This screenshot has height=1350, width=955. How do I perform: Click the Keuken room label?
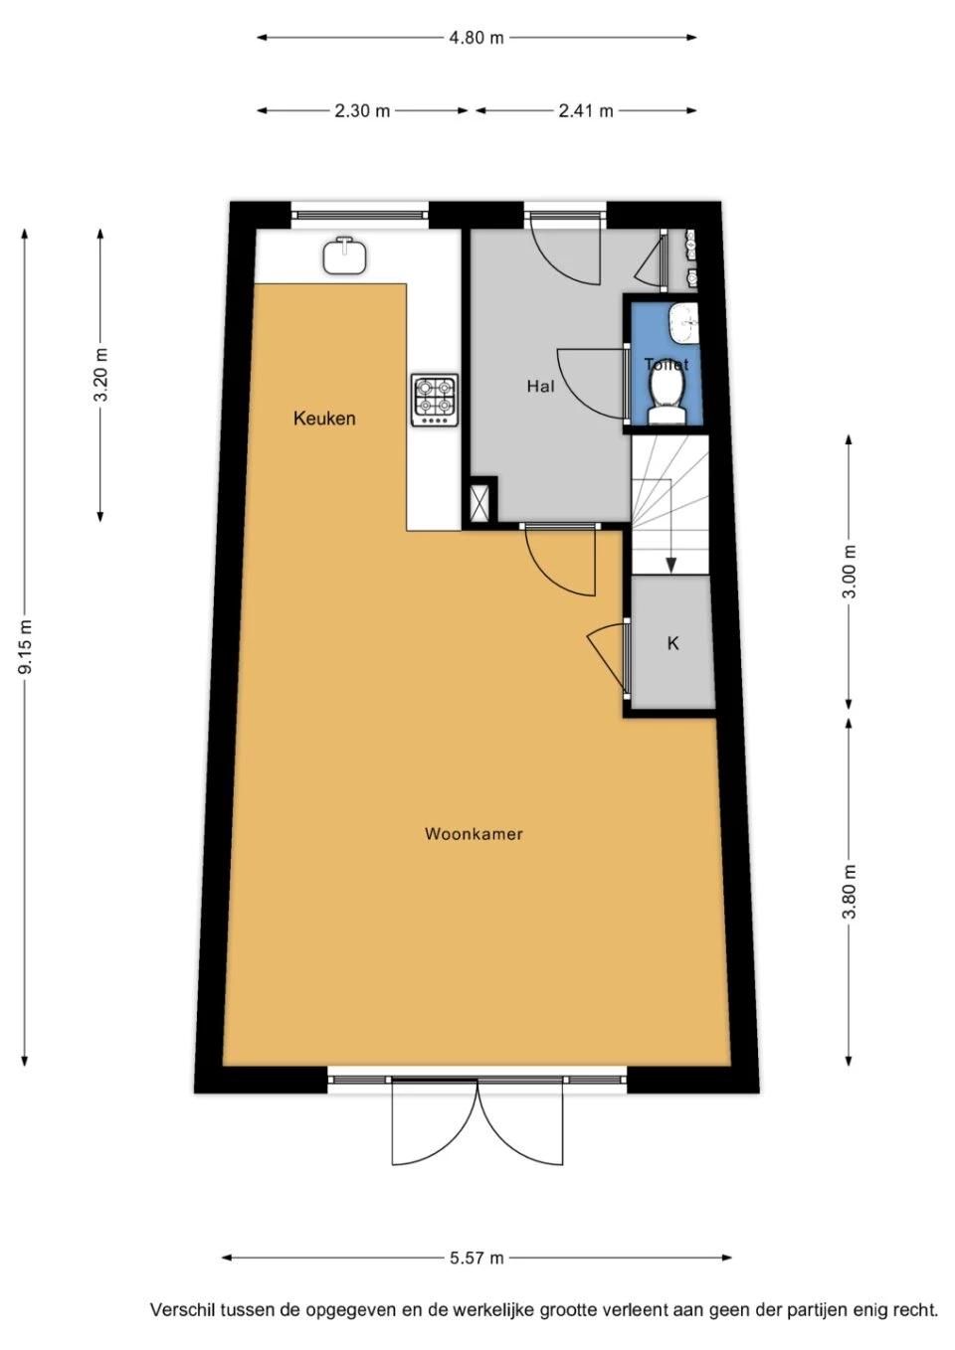pyautogui.click(x=324, y=419)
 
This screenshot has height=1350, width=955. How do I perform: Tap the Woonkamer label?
pyautogui.click(x=474, y=834)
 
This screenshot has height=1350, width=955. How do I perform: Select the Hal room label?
pyautogui.click(x=540, y=386)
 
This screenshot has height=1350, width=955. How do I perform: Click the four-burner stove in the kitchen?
pyautogui.click(x=435, y=400)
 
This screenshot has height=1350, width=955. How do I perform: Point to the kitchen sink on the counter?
pyautogui.click(x=344, y=255)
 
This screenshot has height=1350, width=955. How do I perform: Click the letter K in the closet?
pyautogui.click(x=672, y=643)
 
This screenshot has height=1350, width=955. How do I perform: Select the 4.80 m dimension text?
pyautogui.click(x=477, y=38)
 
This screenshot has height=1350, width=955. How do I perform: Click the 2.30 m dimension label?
pyautogui.click(x=362, y=110)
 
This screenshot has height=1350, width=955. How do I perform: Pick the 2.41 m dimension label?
pyautogui.click(x=585, y=110)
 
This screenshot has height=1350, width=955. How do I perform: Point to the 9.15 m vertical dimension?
pyautogui.click(x=26, y=646)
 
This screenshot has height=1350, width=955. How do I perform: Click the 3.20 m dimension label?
pyautogui.click(x=100, y=375)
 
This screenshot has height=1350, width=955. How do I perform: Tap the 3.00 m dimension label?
pyautogui.click(x=849, y=572)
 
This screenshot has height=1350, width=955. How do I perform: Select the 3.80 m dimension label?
pyautogui.click(x=849, y=892)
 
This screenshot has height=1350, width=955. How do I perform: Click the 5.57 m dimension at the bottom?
pyautogui.click(x=477, y=1258)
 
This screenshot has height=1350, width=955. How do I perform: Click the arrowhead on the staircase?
pyautogui.click(x=671, y=566)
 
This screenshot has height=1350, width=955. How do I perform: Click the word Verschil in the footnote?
pyautogui.click(x=181, y=1310)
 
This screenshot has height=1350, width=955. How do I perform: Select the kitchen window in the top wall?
pyautogui.click(x=360, y=212)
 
